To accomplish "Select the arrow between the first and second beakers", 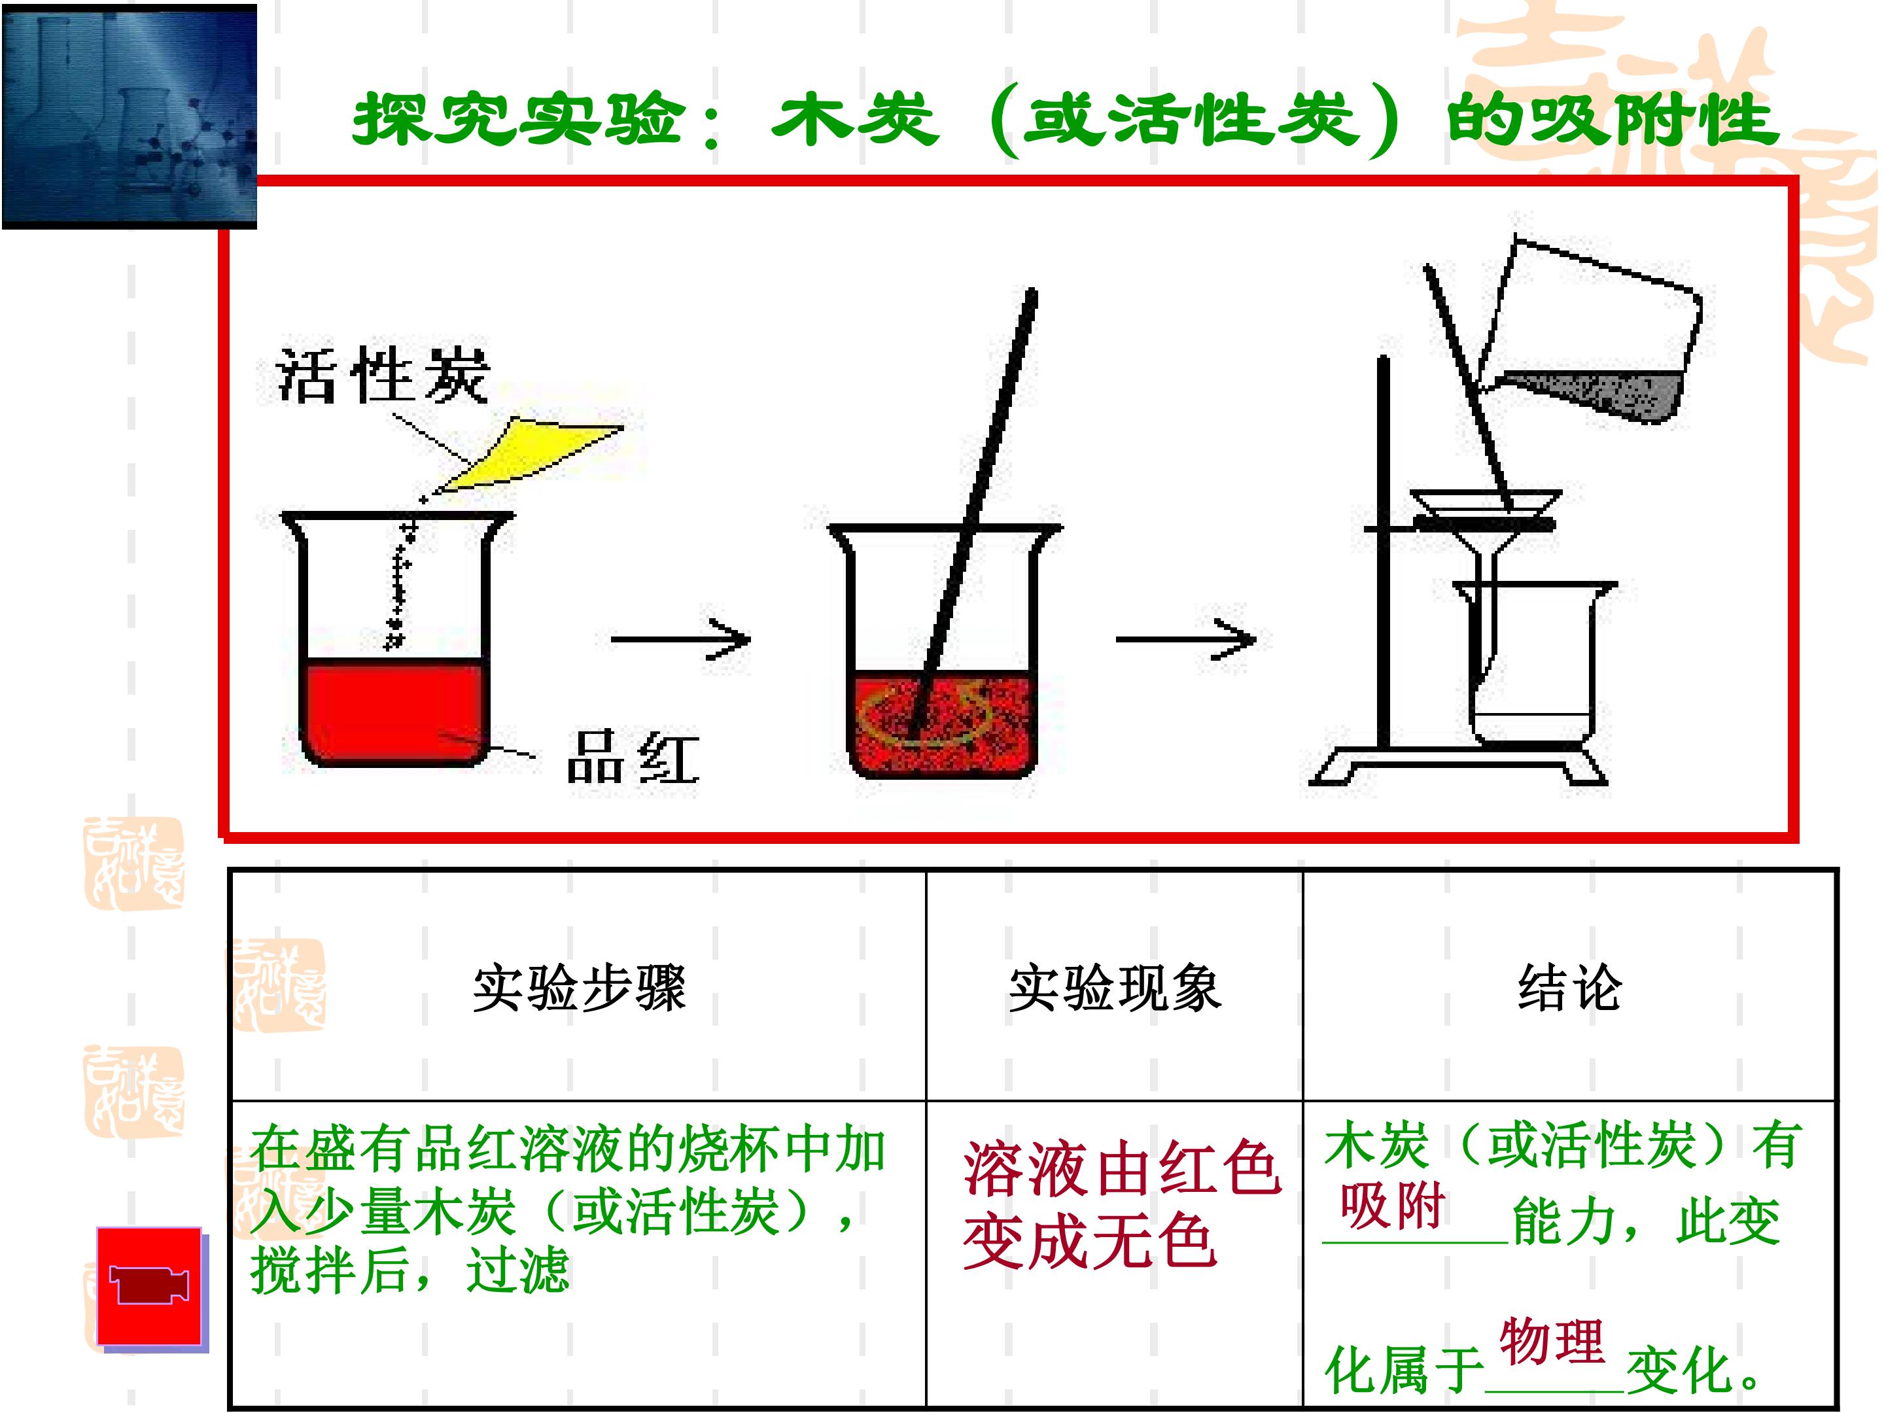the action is coord(680,638).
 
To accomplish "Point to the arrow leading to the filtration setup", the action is coord(1185,638).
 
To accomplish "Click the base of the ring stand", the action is coord(1458,764).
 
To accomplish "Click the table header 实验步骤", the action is coord(579,988).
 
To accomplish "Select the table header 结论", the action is coord(1570,988).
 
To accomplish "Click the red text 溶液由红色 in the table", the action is coord(1123,1168).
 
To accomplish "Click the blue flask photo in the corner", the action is coord(130,116).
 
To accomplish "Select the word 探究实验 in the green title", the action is coord(519,118).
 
